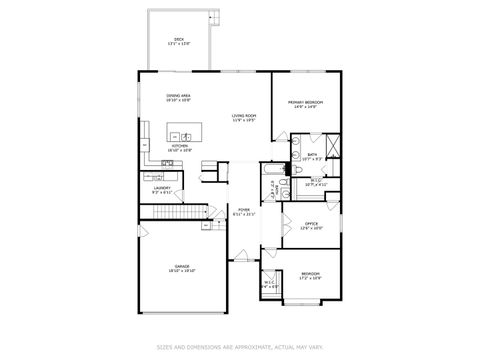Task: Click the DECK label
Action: pos(178,40)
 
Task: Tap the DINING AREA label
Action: pos(179,97)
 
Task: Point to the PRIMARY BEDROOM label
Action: pos(305,103)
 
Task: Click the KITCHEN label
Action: pos(179,147)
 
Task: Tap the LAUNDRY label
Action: pos(161,188)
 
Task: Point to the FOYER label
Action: pos(244,211)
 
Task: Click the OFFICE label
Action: pos(311,225)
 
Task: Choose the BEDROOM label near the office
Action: pos(311,275)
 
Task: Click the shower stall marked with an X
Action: pos(333,153)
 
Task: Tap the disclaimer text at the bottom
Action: pos(240,347)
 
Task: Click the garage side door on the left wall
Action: pos(141,231)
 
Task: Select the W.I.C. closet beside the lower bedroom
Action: pos(271,283)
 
